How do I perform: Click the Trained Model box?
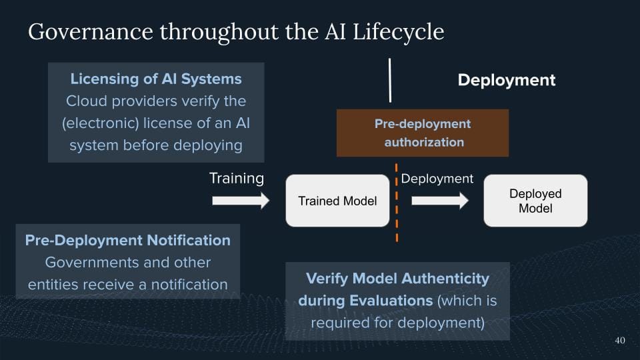(337, 201)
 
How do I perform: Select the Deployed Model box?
(535, 201)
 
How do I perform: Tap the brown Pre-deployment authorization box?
(423, 133)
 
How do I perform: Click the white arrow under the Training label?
(241, 201)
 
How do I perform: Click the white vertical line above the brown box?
(390, 80)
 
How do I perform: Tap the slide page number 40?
(619, 341)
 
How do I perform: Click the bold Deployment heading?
(506, 80)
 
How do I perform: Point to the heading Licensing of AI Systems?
(156, 79)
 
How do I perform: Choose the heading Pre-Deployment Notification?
(128, 240)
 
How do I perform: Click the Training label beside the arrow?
(237, 178)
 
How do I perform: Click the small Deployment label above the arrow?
(437, 178)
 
